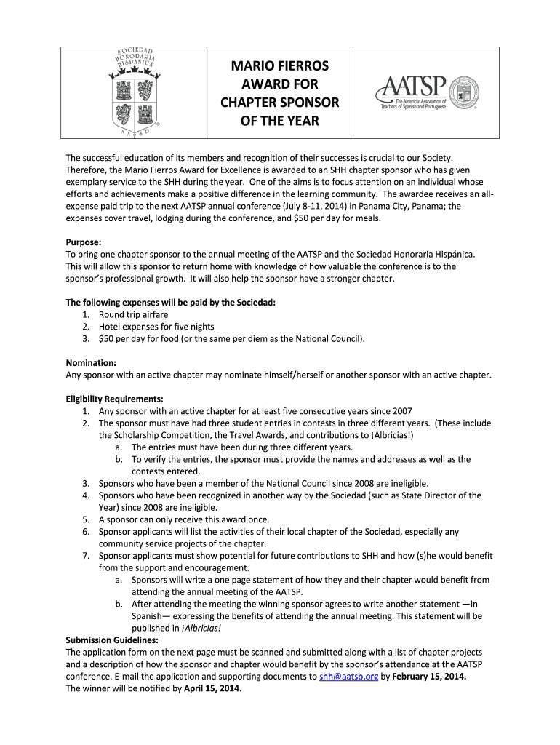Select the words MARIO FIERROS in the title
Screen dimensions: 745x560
point(280,66)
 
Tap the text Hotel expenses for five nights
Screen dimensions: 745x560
point(156,327)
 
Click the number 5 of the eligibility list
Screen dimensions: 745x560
point(86,519)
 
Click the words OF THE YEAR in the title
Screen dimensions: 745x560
point(280,121)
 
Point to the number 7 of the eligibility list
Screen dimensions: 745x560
point(86,556)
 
